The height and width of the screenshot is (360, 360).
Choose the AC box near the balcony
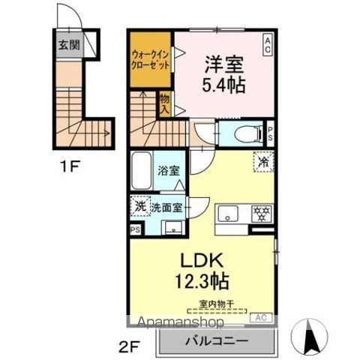click(x=261, y=318)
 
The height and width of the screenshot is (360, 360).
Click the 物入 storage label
click(x=164, y=103)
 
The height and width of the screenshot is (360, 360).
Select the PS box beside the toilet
click(x=270, y=134)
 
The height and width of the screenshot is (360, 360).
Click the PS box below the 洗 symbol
click(x=135, y=229)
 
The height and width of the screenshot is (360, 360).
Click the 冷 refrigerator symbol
click(x=263, y=160)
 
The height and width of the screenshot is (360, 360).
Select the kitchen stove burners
click(x=260, y=214)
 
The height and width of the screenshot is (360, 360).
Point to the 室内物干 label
click(x=217, y=304)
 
